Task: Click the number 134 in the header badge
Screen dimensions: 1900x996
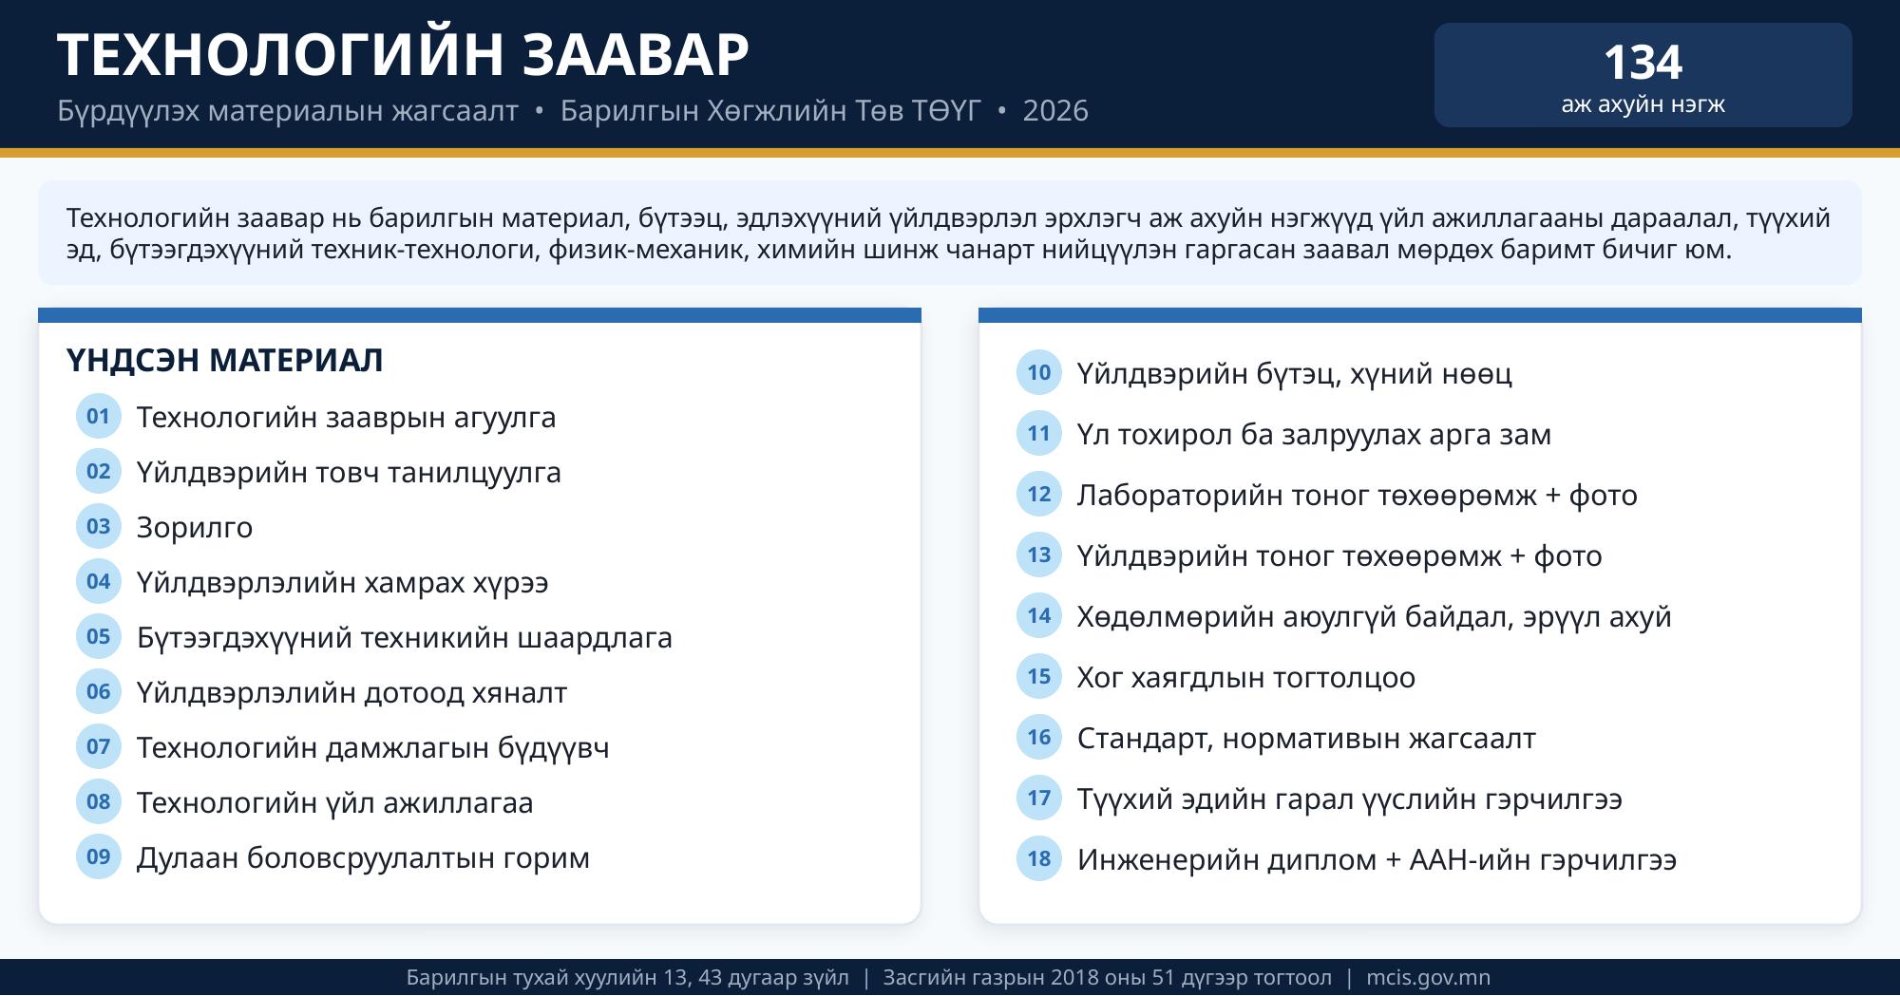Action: [1643, 63]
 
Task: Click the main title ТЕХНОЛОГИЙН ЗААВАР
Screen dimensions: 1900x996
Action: [404, 54]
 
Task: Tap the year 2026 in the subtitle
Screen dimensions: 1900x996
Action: [1055, 111]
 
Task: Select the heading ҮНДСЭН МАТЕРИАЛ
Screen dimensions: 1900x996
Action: [225, 360]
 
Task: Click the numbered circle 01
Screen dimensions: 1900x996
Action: [99, 416]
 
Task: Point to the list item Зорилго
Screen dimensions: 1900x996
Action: [195, 527]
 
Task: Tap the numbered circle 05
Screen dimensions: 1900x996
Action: [99, 636]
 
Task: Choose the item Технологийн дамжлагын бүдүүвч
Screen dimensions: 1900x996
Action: [373, 747]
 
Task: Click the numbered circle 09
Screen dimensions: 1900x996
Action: [99, 856]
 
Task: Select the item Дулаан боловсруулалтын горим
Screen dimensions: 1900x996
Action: [363, 857]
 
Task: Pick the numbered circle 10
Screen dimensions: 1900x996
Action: [1039, 372]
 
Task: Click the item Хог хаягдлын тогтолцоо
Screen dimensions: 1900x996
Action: [1246, 677]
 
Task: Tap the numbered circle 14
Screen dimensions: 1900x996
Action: [1039, 615]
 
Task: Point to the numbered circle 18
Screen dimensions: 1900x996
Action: [1039, 858]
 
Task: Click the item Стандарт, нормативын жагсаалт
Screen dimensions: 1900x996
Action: [1306, 738]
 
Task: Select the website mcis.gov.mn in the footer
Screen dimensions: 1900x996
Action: [1429, 977]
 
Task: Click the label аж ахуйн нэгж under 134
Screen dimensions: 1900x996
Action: [1643, 103]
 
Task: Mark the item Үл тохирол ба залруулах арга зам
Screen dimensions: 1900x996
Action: [1314, 434]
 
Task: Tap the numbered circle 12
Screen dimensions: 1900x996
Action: [1039, 494]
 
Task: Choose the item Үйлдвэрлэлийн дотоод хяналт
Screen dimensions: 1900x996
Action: [351, 692]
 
